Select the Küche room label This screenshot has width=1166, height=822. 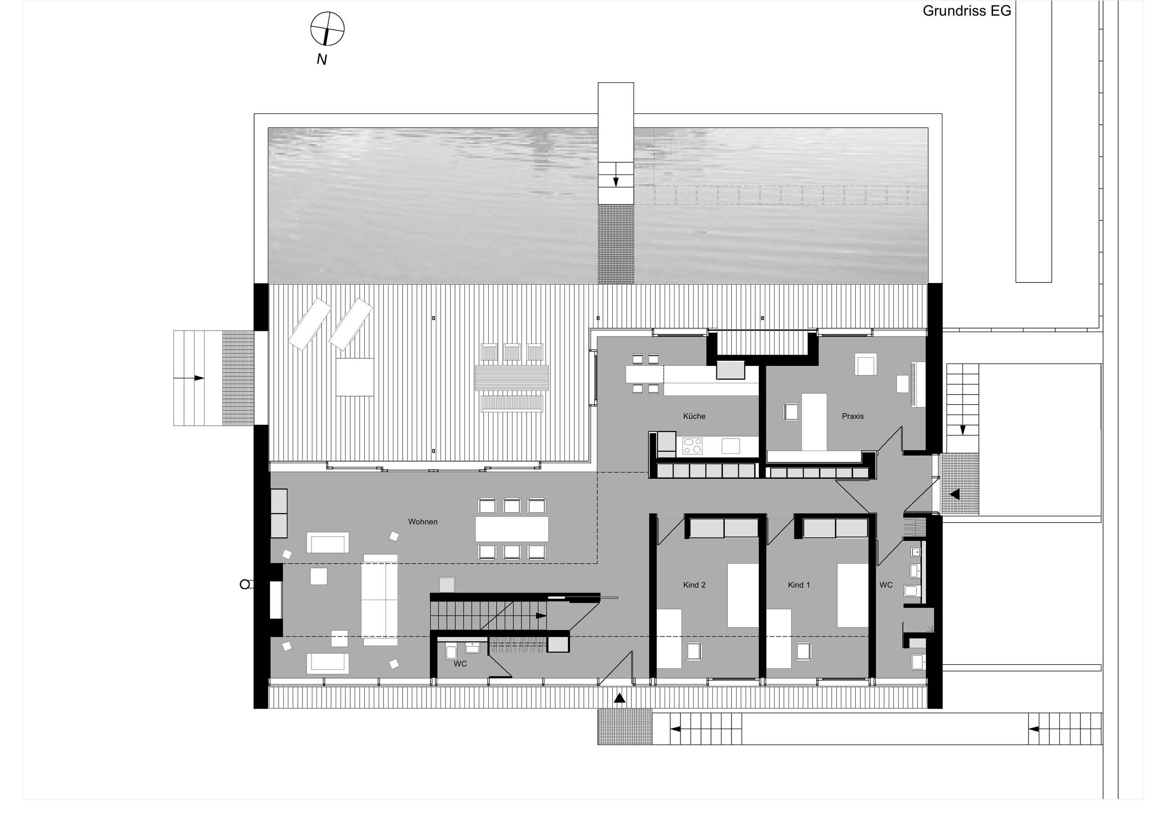click(x=694, y=416)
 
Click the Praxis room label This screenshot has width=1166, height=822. click(x=853, y=416)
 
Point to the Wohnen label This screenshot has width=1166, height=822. click(x=423, y=522)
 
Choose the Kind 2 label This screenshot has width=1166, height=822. click(x=694, y=585)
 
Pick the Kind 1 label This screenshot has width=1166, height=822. click(x=798, y=585)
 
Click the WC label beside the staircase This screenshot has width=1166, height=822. click(x=460, y=663)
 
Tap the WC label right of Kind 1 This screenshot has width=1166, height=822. click(x=886, y=585)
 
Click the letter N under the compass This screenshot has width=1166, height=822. click(x=322, y=59)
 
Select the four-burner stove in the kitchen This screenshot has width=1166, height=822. click(x=692, y=446)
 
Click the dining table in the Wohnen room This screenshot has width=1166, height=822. click(x=511, y=529)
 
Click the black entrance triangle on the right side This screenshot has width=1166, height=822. click(x=955, y=494)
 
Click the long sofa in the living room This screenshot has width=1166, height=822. click(x=380, y=600)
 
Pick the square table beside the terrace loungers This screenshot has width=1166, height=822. click(x=354, y=377)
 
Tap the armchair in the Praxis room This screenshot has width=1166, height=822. click(x=791, y=411)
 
